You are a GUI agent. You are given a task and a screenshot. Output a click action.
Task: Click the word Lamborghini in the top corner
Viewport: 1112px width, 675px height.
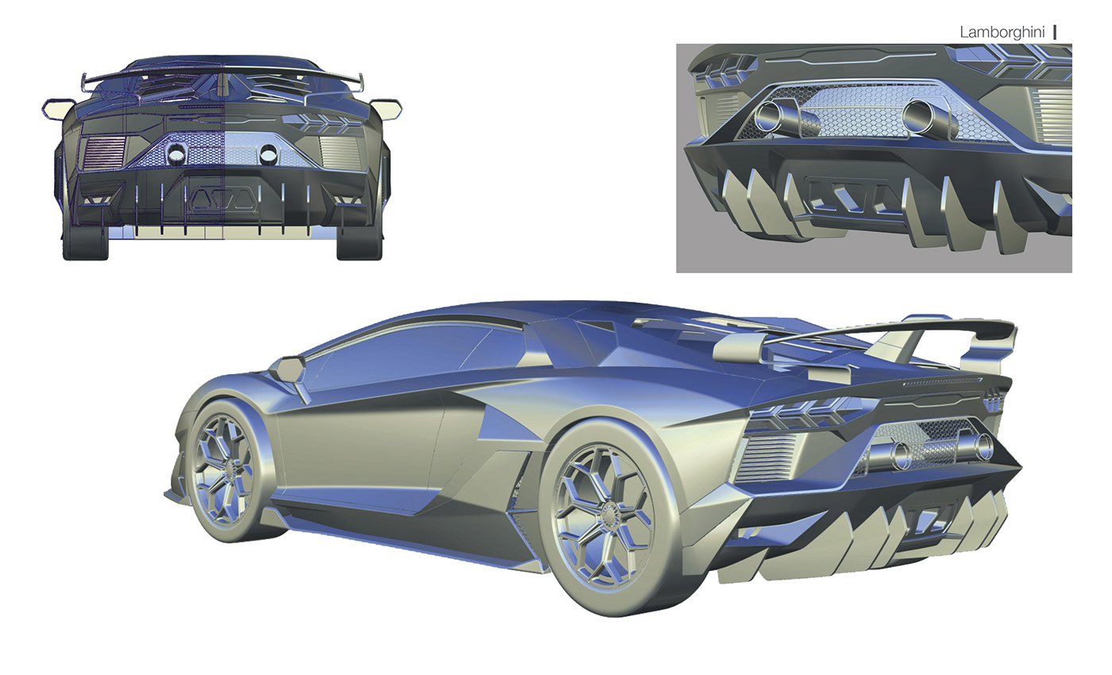(x=1002, y=33)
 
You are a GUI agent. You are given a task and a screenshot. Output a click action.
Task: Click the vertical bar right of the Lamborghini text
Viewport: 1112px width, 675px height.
(x=1055, y=33)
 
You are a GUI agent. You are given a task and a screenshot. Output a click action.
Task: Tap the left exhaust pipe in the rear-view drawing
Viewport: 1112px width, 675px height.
(x=176, y=156)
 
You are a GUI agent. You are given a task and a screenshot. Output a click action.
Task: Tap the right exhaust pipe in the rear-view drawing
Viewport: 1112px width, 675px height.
(x=268, y=155)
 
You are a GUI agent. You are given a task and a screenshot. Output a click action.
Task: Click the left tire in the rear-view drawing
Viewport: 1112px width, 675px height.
(x=86, y=243)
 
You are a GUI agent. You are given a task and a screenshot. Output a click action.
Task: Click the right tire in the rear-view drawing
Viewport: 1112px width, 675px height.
(x=359, y=243)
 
